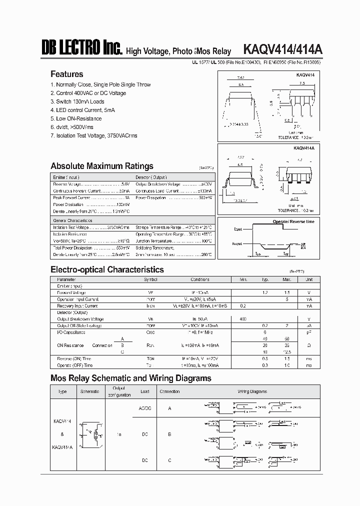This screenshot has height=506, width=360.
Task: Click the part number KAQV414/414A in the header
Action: coord(282,49)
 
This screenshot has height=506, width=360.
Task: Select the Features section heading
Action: coord(67,74)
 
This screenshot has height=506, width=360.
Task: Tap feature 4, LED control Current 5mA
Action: coord(83,110)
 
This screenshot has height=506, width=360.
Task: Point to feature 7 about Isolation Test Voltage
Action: coord(93,135)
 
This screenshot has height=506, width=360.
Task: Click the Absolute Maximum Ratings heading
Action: coord(102,166)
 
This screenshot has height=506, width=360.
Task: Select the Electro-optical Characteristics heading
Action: coord(107,269)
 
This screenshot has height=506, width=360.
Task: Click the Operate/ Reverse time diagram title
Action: coord(293,221)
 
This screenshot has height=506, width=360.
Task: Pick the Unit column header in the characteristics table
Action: coord(309,279)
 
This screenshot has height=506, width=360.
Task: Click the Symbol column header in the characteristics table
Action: coord(150,279)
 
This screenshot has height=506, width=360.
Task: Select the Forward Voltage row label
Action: coord(71,292)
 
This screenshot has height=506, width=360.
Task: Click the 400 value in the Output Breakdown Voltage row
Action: coord(243,318)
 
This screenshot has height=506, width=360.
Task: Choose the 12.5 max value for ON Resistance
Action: coord(287,351)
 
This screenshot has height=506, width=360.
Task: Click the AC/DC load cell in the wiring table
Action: coord(144,408)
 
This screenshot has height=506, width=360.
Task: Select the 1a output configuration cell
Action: coord(119,434)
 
